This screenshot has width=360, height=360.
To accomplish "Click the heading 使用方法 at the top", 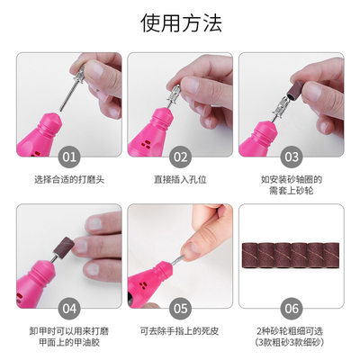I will [180, 22].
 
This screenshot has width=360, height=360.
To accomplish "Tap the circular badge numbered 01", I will [68, 157].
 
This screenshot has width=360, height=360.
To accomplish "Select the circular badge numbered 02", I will [180, 157].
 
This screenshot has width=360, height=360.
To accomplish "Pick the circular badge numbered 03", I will [291, 157].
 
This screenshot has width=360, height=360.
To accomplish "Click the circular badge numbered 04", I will [68, 309].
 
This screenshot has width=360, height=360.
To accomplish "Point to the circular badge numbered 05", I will [180, 309].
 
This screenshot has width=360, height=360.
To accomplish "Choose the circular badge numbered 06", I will [291, 309].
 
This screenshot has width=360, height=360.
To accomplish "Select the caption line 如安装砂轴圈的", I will [291, 179].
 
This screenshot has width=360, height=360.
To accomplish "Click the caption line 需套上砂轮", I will [291, 192].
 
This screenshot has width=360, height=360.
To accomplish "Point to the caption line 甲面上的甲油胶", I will [68, 344].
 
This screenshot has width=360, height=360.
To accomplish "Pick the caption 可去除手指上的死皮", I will [180, 331].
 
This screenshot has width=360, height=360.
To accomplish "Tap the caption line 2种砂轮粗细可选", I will [291, 331].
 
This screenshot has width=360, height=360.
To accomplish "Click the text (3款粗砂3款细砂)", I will [291, 344].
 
